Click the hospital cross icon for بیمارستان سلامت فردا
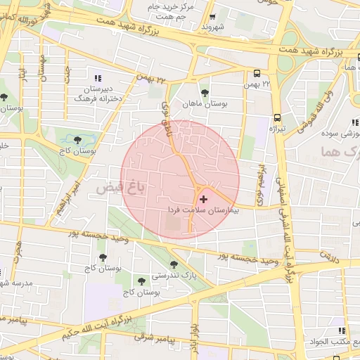pyautogui.click(x=204, y=200)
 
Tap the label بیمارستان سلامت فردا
pyautogui.click(x=203, y=210)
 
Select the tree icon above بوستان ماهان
pyautogui.click(x=205, y=93)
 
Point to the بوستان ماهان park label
pyautogui.click(x=205, y=104)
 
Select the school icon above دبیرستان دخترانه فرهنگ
pyautogui.click(x=98, y=77)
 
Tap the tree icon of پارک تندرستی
pyautogui.click(x=174, y=265)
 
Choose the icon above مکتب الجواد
pyautogui.click(x=342, y=330)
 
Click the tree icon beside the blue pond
pyautogui.click(x=78, y=139)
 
